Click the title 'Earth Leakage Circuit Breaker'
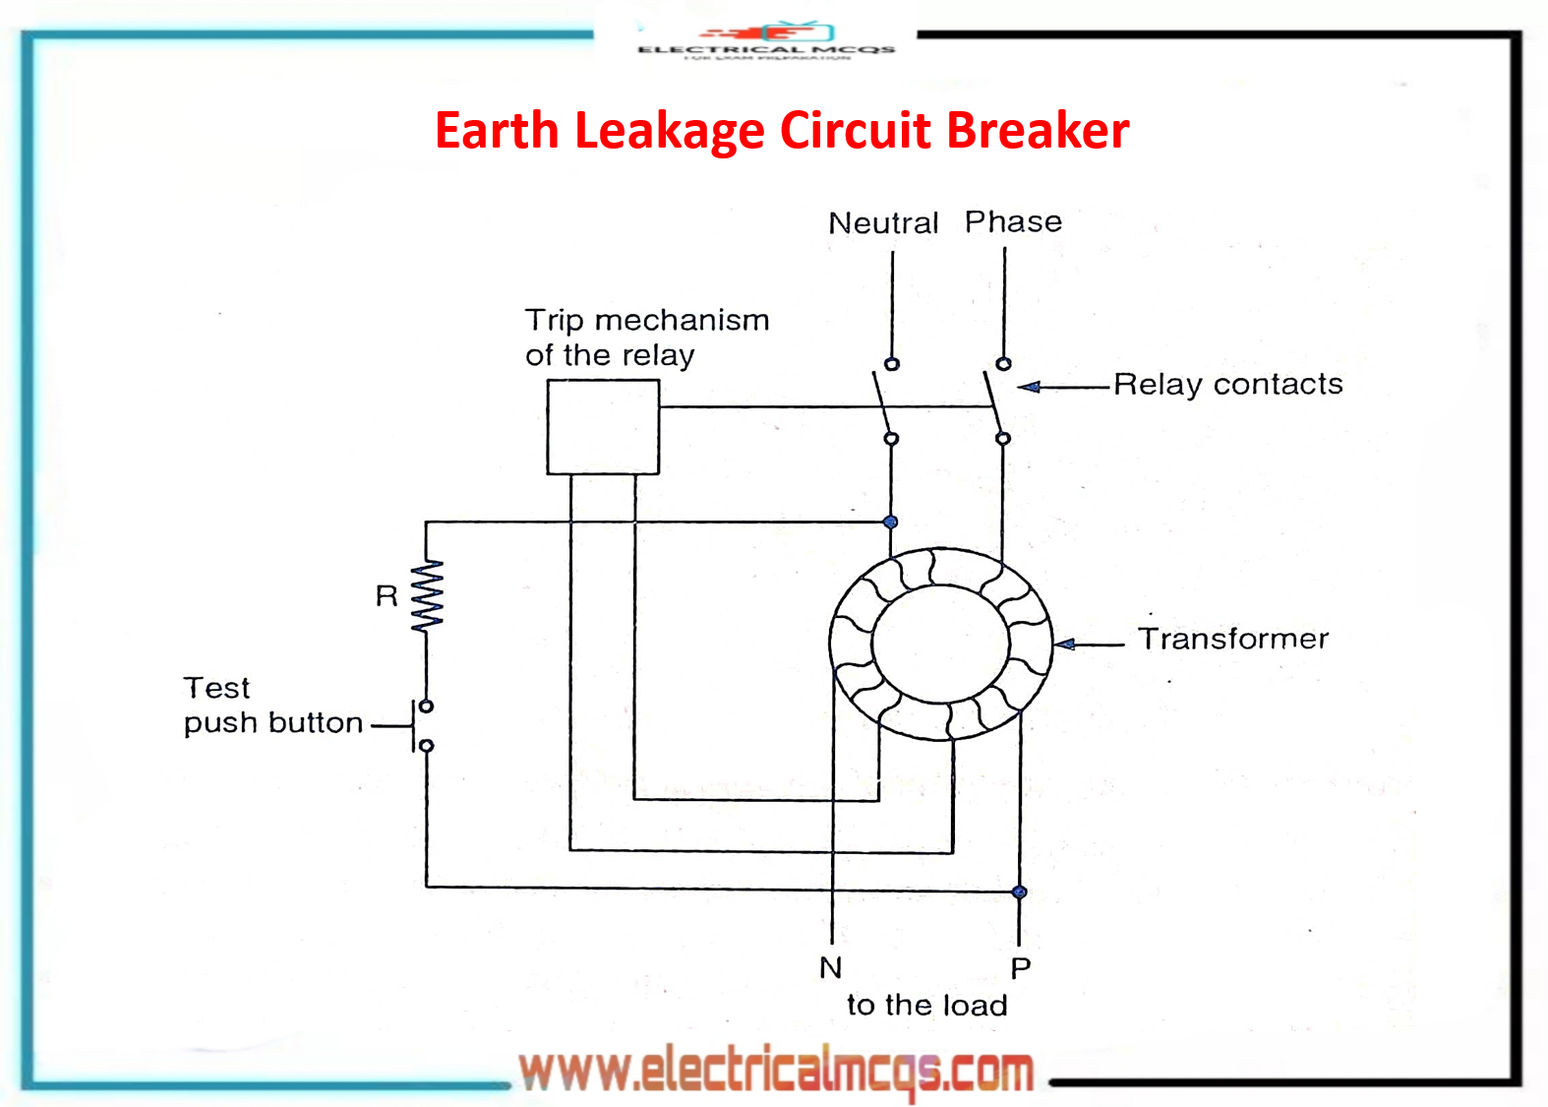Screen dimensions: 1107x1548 [782, 131]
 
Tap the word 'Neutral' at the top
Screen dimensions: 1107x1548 [883, 223]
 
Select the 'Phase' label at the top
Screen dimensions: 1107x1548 [1013, 221]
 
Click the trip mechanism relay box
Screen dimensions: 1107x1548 [603, 427]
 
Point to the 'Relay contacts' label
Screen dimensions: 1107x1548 [1227, 384]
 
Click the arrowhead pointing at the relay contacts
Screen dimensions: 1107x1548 [1029, 387]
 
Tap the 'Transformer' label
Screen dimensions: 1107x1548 [1232, 639]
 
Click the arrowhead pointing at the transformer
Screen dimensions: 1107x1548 [1065, 645]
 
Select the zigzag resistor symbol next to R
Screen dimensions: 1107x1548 [427, 595]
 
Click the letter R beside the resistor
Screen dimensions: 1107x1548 [387, 595]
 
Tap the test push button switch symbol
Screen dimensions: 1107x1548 [421, 726]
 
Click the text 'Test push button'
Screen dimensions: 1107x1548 [272, 705]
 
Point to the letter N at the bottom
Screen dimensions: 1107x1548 [831, 967]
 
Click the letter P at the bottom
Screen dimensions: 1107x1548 [1021, 968]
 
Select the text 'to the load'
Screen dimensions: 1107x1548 [926, 1005]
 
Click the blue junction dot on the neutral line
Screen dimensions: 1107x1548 [890, 522]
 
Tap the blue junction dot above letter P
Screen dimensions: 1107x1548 [1020, 892]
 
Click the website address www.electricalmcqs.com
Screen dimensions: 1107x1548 [776, 1071]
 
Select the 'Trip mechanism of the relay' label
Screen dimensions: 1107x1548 [646, 337]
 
